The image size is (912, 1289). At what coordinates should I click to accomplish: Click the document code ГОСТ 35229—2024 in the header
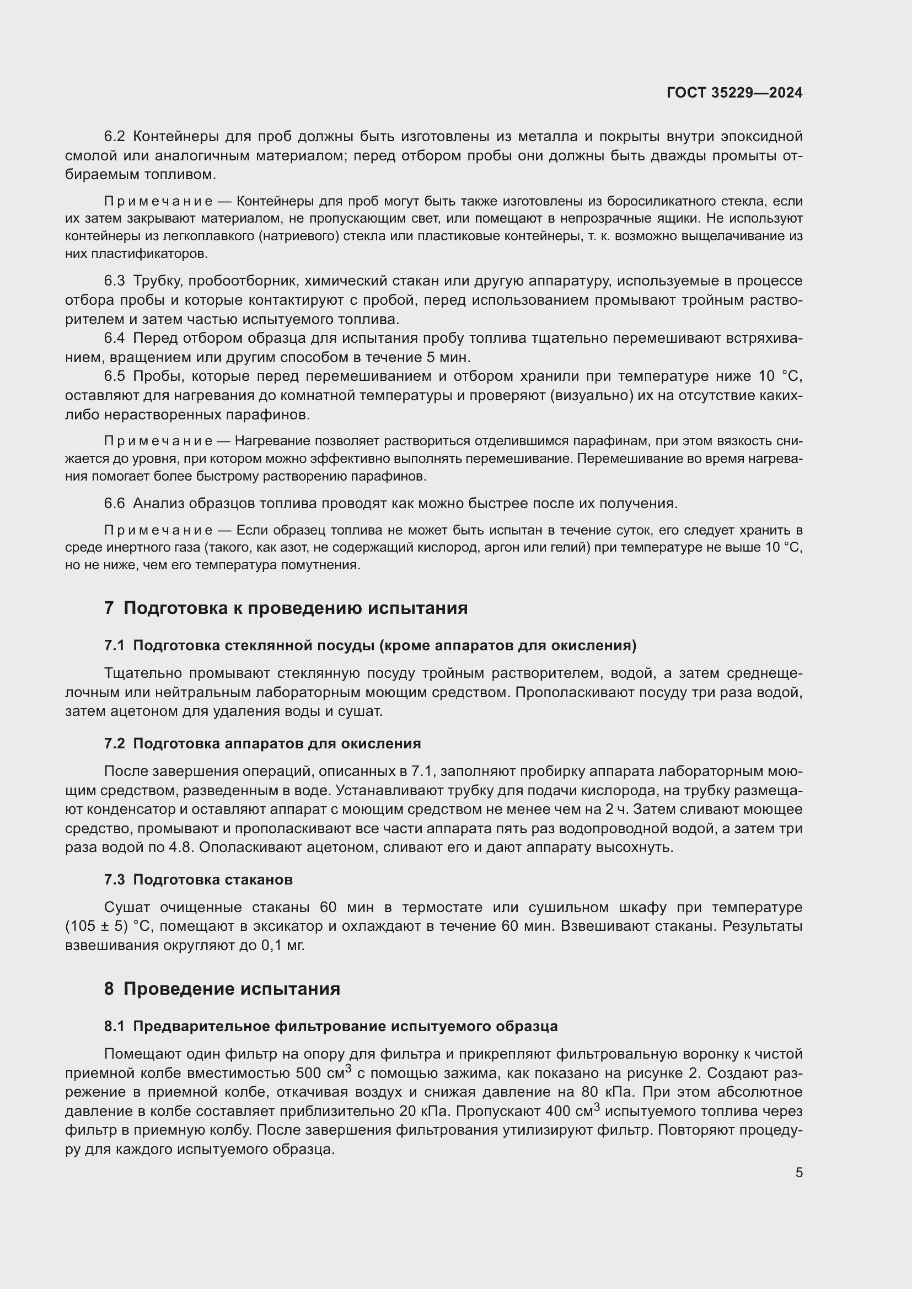pyautogui.click(x=734, y=93)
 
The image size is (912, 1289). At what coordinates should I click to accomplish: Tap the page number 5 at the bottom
pyautogui.click(x=798, y=1172)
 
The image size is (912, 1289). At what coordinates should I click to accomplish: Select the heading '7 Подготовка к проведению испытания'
pyautogui.click(x=286, y=608)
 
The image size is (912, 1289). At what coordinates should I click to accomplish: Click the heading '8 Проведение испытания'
pyautogui.click(x=222, y=989)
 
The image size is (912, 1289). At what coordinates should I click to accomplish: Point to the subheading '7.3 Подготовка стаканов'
pyautogui.click(x=199, y=880)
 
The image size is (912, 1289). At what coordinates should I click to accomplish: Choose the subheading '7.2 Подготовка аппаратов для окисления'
pyautogui.click(x=262, y=744)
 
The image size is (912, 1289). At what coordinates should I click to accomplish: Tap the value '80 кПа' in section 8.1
pyautogui.click(x=605, y=1092)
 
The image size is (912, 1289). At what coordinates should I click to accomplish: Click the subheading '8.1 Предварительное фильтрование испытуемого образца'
pyautogui.click(x=331, y=1026)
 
